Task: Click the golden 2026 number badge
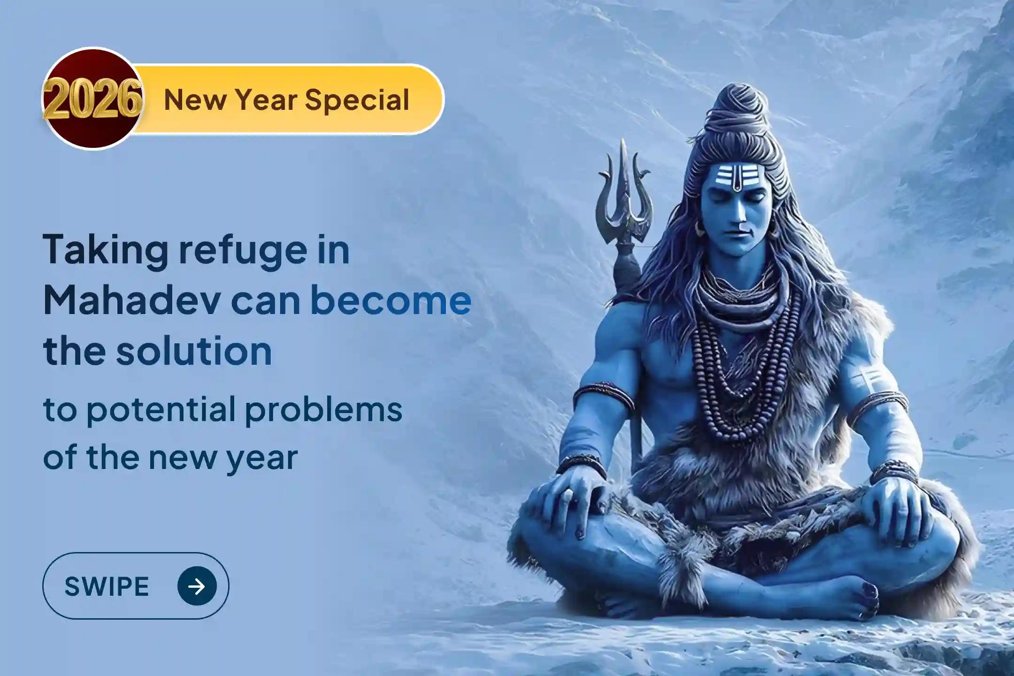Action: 92,100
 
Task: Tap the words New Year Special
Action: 286,100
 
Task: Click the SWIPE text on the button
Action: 107,586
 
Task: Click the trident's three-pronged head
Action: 624,197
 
